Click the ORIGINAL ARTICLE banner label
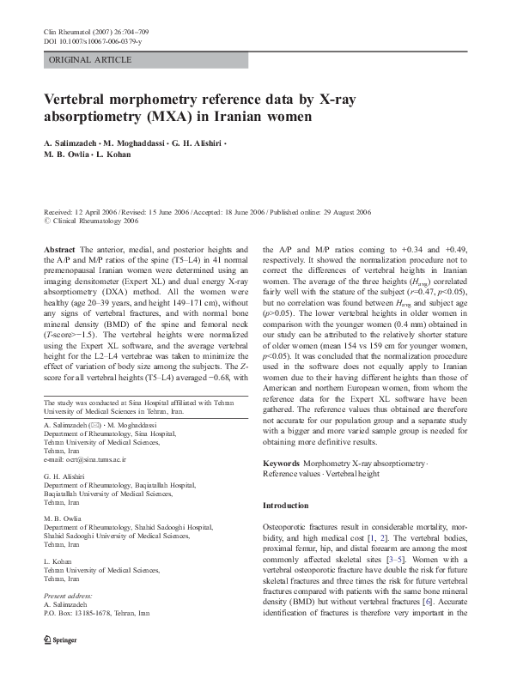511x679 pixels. (x=91, y=60)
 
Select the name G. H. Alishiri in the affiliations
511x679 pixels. (x=64, y=475)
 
